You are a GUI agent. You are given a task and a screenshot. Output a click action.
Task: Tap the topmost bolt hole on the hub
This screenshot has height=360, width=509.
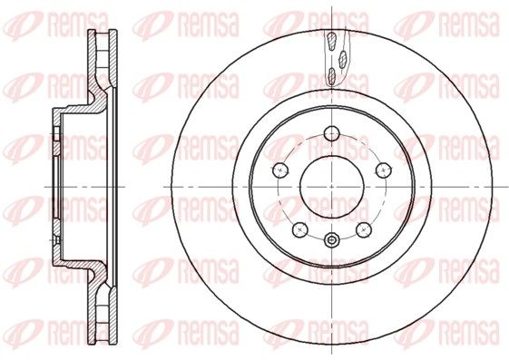point(332,133)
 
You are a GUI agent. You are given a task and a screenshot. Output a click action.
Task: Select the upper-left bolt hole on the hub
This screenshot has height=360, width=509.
point(280,170)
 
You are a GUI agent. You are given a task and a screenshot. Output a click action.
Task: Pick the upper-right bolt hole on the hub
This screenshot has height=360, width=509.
point(384,170)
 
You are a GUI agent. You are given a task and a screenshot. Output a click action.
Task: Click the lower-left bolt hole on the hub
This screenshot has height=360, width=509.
point(299,229)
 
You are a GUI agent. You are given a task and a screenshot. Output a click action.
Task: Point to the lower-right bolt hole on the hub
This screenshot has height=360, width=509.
point(364,229)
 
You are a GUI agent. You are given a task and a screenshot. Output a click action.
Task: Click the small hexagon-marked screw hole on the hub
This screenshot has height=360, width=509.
point(331,240)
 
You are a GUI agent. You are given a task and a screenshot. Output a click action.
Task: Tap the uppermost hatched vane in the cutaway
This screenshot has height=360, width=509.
point(332,42)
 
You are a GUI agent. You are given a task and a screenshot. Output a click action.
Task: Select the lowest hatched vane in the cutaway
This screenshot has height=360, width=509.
point(331,76)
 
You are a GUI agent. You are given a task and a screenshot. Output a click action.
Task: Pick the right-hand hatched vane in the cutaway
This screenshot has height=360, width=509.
point(342,59)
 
